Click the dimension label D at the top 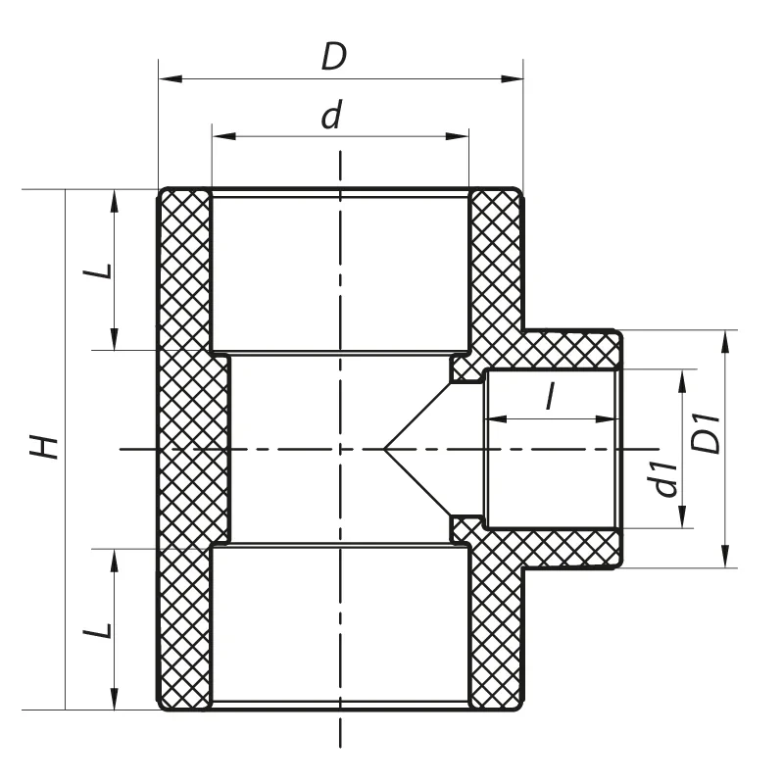click(x=334, y=57)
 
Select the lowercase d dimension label click(x=333, y=116)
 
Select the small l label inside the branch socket click(x=550, y=397)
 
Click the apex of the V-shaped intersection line click(x=384, y=449)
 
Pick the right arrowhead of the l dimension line click(x=610, y=419)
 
